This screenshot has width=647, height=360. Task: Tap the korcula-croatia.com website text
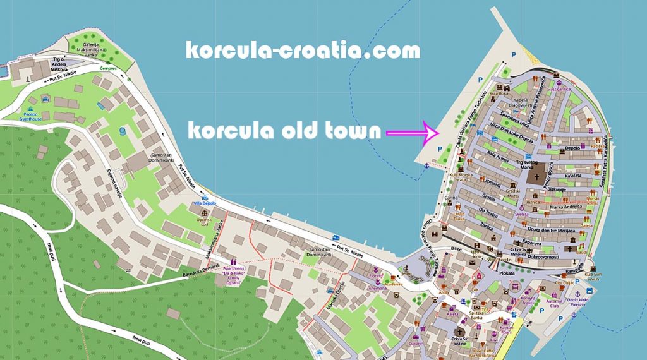click(x=303, y=51)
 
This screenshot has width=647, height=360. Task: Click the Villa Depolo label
click(x=205, y=203)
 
